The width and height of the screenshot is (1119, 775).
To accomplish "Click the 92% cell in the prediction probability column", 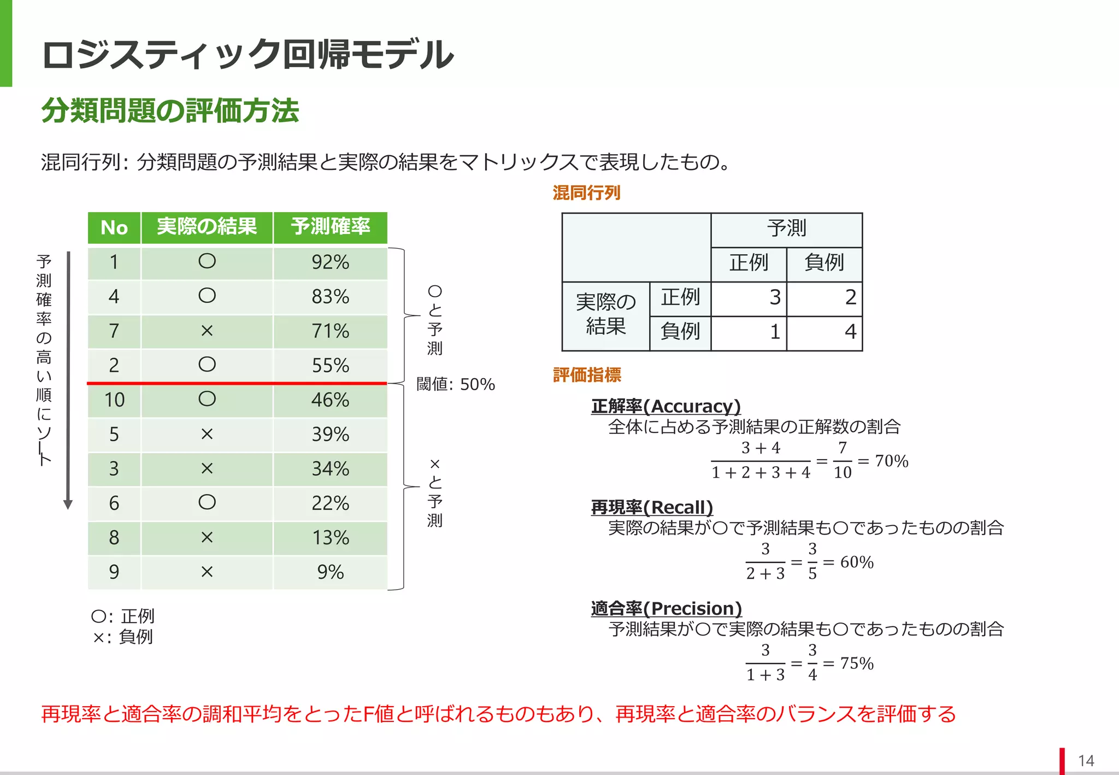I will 330,262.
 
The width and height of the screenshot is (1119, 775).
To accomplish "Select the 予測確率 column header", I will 330,227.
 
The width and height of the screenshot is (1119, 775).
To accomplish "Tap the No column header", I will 114,227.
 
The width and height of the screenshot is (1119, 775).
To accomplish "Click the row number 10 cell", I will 114,400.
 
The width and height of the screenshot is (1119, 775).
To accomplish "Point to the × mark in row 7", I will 207,331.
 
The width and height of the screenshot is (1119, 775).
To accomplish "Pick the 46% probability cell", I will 330,400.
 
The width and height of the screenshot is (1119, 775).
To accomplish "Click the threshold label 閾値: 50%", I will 455,384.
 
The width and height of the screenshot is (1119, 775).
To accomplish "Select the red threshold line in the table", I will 237,383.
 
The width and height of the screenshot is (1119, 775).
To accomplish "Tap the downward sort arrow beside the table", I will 68,383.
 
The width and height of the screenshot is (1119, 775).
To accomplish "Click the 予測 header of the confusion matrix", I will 786,228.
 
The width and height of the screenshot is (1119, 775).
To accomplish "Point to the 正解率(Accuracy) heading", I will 665,406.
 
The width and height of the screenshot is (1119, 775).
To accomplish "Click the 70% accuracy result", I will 891,461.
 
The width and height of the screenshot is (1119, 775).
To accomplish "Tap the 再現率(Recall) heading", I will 652,507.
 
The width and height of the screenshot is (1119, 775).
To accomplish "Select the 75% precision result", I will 856,663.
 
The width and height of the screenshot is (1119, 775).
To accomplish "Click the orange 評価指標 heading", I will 587,375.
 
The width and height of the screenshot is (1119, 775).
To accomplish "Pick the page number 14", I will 1086,761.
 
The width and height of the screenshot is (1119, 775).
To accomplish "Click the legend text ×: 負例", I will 123,637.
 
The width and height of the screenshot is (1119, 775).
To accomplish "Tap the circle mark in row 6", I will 207,502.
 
